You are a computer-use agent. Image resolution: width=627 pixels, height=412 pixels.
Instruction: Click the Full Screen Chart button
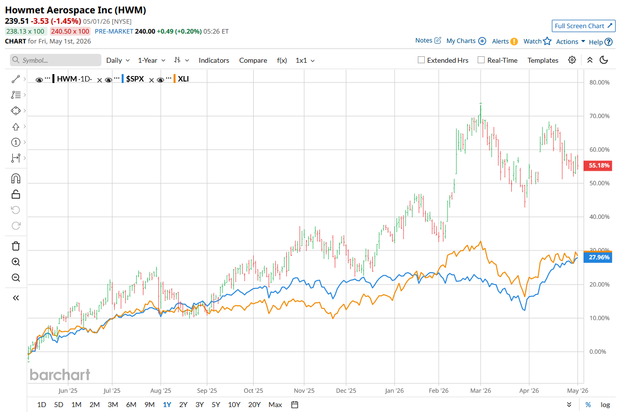click(x=583, y=26)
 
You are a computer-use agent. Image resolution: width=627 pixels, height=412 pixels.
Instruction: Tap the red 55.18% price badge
click(x=598, y=165)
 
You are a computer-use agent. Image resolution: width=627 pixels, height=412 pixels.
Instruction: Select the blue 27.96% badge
click(x=598, y=257)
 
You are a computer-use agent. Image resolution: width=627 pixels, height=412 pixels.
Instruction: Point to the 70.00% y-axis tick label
click(x=599, y=116)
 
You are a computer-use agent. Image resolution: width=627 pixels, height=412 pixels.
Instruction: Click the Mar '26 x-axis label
click(x=481, y=390)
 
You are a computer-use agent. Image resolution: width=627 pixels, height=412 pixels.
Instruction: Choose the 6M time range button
click(x=131, y=405)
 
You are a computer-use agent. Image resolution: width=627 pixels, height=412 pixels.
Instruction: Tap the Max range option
click(x=275, y=405)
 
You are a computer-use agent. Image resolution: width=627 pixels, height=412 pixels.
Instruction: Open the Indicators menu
click(x=214, y=60)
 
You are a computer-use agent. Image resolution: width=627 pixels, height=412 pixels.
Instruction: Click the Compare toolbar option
click(x=253, y=60)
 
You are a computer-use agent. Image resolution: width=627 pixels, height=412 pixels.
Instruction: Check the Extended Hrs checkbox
click(x=421, y=60)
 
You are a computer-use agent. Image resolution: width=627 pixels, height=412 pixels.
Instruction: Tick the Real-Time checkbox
click(x=481, y=60)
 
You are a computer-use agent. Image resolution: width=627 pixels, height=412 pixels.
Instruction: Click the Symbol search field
click(x=55, y=60)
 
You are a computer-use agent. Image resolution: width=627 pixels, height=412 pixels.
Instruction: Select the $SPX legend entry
click(x=135, y=79)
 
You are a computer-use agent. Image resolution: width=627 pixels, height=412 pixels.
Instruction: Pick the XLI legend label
click(x=183, y=79)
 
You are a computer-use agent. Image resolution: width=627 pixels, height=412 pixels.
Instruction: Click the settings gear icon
click(x=572, y=60)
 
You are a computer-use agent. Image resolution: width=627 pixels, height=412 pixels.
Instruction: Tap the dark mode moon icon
click(x=604, y=60)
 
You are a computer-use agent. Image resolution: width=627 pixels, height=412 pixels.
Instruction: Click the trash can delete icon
click(x=16, y=246)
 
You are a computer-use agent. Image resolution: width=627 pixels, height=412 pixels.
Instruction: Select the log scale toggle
click(x=605, y=405)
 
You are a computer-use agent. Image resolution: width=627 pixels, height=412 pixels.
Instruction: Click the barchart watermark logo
click(x=60, y=374)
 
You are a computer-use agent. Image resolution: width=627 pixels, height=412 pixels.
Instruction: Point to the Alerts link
click(x=500, y=41)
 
